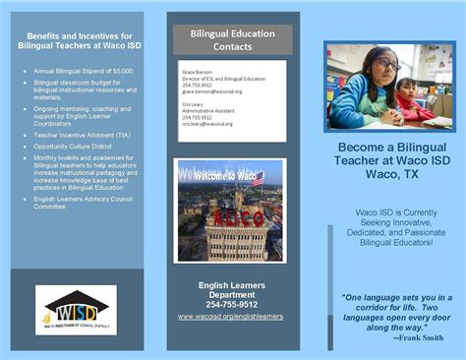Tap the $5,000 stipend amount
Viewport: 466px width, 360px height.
[122, 71]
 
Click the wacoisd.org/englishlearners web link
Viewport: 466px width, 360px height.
[230, 317]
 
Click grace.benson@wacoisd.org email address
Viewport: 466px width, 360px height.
[211, 91]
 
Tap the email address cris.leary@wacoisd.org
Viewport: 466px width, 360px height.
[208, 124]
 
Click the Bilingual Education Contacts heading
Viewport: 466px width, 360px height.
[233, 40]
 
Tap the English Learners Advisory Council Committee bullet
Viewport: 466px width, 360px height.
[83, 203]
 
